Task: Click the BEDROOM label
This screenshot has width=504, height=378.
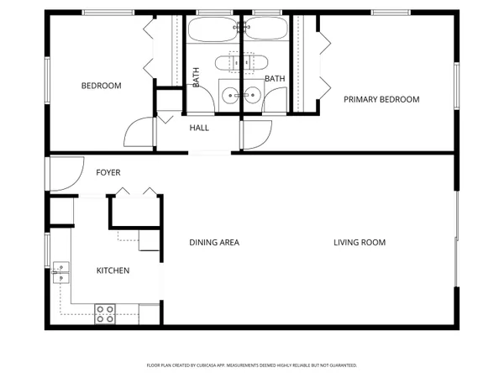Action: point(101,86)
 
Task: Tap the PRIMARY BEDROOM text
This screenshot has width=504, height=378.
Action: point(381,99)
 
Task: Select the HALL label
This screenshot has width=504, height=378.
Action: point(199,128)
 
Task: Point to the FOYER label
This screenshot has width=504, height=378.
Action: point(108,173)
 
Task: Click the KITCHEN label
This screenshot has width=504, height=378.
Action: point(113,270)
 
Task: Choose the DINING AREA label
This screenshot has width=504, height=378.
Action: point(213,243)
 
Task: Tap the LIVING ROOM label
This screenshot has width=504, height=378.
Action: point(360,243)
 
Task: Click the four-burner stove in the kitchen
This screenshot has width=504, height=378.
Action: point(105,313)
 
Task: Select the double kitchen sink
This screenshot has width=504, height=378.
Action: point(60,272)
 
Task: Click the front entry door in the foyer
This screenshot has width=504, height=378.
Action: point(60,173)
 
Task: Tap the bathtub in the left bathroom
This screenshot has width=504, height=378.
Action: point(213,31)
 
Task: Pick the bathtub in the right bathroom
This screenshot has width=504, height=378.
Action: point(265,31)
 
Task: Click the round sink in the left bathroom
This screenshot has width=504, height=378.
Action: point(229,95)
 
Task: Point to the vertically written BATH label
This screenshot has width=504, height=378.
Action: point(197,77)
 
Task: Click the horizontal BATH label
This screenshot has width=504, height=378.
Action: point(275,79)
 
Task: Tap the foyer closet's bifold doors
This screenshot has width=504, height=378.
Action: point(134,193)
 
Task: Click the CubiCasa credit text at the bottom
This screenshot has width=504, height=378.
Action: point(252,365)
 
